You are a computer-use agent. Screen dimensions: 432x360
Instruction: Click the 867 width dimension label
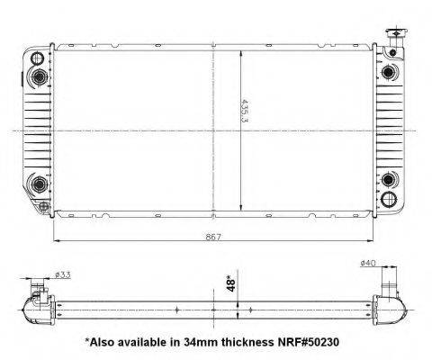tap(213, 237)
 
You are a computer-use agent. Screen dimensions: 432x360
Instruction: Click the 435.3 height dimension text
tap(245, 111)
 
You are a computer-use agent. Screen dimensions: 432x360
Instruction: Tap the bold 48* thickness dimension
tap(230, 283)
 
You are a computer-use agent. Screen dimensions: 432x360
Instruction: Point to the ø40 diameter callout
tap(368, 263)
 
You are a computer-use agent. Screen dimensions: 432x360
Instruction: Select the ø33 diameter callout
tap(63, 274)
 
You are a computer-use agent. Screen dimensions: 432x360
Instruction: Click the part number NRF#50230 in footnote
tap(307, 342)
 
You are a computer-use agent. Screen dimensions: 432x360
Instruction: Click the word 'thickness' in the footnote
tap(246, 342)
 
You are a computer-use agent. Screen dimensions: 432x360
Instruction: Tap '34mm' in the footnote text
tap(201, 342)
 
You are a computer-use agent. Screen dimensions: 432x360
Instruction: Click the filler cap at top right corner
tap(396, 33)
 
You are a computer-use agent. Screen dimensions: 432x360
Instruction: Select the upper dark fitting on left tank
tap(39, 76)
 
